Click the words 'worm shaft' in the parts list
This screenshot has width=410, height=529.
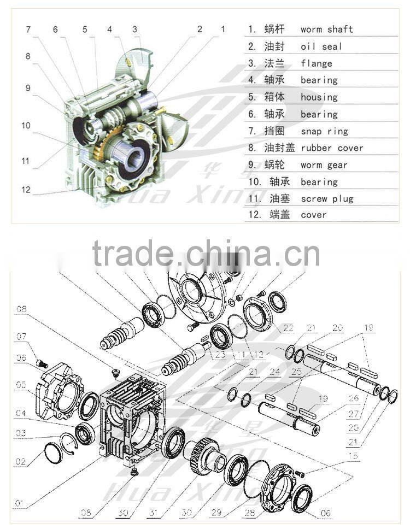[x=326, y=29]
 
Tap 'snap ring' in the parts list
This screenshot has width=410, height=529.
[x=324, y=131]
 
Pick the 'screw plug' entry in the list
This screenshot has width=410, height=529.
[x=327, y=199]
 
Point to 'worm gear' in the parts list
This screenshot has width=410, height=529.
[x=324, y=165]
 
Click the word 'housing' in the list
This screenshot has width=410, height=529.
[x=319, y=97]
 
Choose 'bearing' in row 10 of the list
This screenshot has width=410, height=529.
[x=319, y=182]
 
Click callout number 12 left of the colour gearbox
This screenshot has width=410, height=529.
[x=26, y=190]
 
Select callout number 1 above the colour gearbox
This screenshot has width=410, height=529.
[x=222, y=28]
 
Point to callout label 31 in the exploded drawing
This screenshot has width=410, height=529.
[x=155, y=513]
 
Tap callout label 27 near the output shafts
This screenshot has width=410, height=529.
[x=353, y=414]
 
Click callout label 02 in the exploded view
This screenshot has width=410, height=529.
[x=20, y=462]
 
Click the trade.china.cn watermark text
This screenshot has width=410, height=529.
[x=206, y=254]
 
